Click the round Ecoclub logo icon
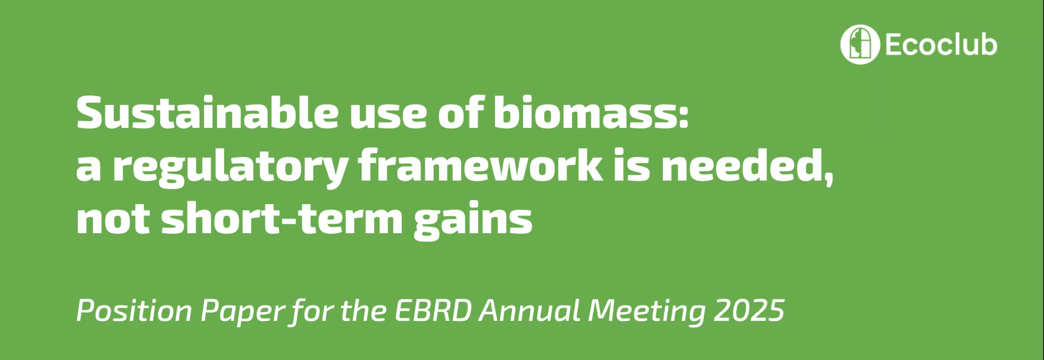(860, 44)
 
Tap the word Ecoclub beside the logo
(941, 44)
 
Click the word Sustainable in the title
(208, 112)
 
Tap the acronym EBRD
(433, 311)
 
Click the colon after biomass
(683, 116)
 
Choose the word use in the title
(388, 117)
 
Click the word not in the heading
(113, 220)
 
